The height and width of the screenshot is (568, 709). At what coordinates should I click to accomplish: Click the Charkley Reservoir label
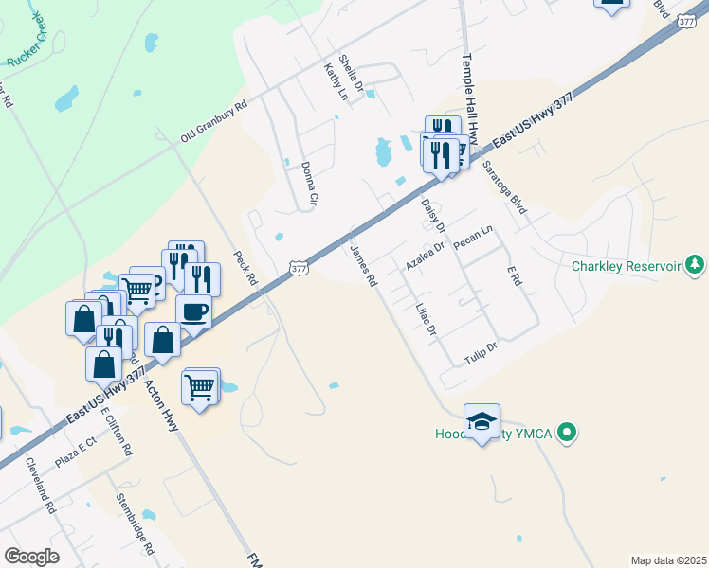point(626,266)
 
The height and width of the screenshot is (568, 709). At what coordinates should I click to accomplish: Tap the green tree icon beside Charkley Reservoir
point(695,263)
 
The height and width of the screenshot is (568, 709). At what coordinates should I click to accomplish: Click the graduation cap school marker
point(482,420)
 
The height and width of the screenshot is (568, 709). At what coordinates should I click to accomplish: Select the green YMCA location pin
point(567,435)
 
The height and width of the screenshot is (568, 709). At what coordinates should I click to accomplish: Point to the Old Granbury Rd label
point(213,122)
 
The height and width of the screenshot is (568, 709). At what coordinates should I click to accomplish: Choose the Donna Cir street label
point(308,184)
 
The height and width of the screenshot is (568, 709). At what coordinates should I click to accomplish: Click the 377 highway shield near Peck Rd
point(299,269)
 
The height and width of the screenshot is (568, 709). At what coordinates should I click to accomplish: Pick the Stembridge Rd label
point(136,524)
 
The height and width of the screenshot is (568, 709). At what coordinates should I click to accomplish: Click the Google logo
point(31,557)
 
